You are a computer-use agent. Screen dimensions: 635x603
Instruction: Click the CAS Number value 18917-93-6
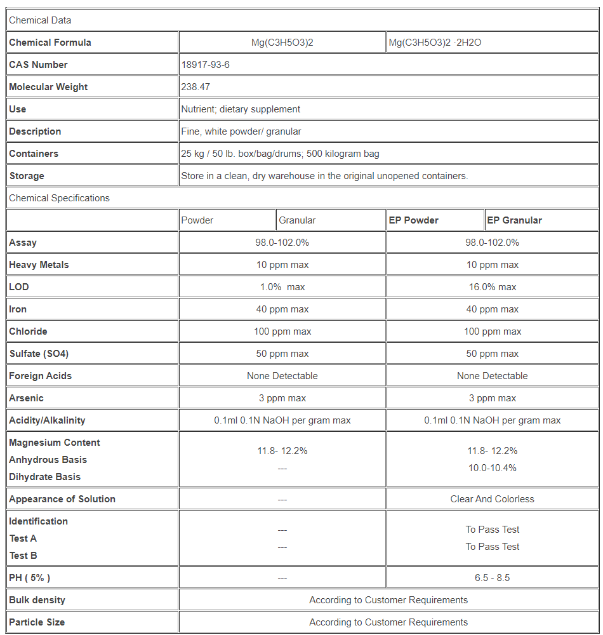coord(206,65)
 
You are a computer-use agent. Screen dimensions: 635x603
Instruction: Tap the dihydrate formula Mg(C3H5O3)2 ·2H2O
coord(435,43)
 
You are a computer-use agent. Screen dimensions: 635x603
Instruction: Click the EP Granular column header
coord(514,220)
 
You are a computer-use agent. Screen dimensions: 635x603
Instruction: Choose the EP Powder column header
coord(413,220)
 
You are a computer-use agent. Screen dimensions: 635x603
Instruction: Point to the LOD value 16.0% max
coord(492,287)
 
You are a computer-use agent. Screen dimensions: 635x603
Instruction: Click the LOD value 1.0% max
coord(282,287)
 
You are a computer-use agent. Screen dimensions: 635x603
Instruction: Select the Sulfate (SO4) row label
coord(39,354)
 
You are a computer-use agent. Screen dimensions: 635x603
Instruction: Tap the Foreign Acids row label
coord(41,376)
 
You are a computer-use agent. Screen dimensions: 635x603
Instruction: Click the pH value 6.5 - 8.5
coord(492,578)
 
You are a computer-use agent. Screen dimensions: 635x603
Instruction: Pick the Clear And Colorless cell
coord(492,499)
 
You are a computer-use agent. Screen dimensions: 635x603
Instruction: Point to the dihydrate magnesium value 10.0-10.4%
coord(492,468)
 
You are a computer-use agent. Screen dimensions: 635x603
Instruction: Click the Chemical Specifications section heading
coord(59,198)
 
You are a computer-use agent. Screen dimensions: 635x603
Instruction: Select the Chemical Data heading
coord(40,20)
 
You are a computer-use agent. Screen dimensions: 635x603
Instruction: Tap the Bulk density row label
coord(37,600)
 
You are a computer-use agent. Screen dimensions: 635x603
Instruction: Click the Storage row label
coord(27,176)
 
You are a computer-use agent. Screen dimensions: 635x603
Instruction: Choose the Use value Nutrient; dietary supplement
coord(241,109)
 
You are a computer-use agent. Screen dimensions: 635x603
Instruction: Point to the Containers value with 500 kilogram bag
coord(280,154)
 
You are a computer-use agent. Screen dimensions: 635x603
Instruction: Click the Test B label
coord(23,556)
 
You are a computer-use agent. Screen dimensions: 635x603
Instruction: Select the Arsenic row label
coord(26,398)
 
